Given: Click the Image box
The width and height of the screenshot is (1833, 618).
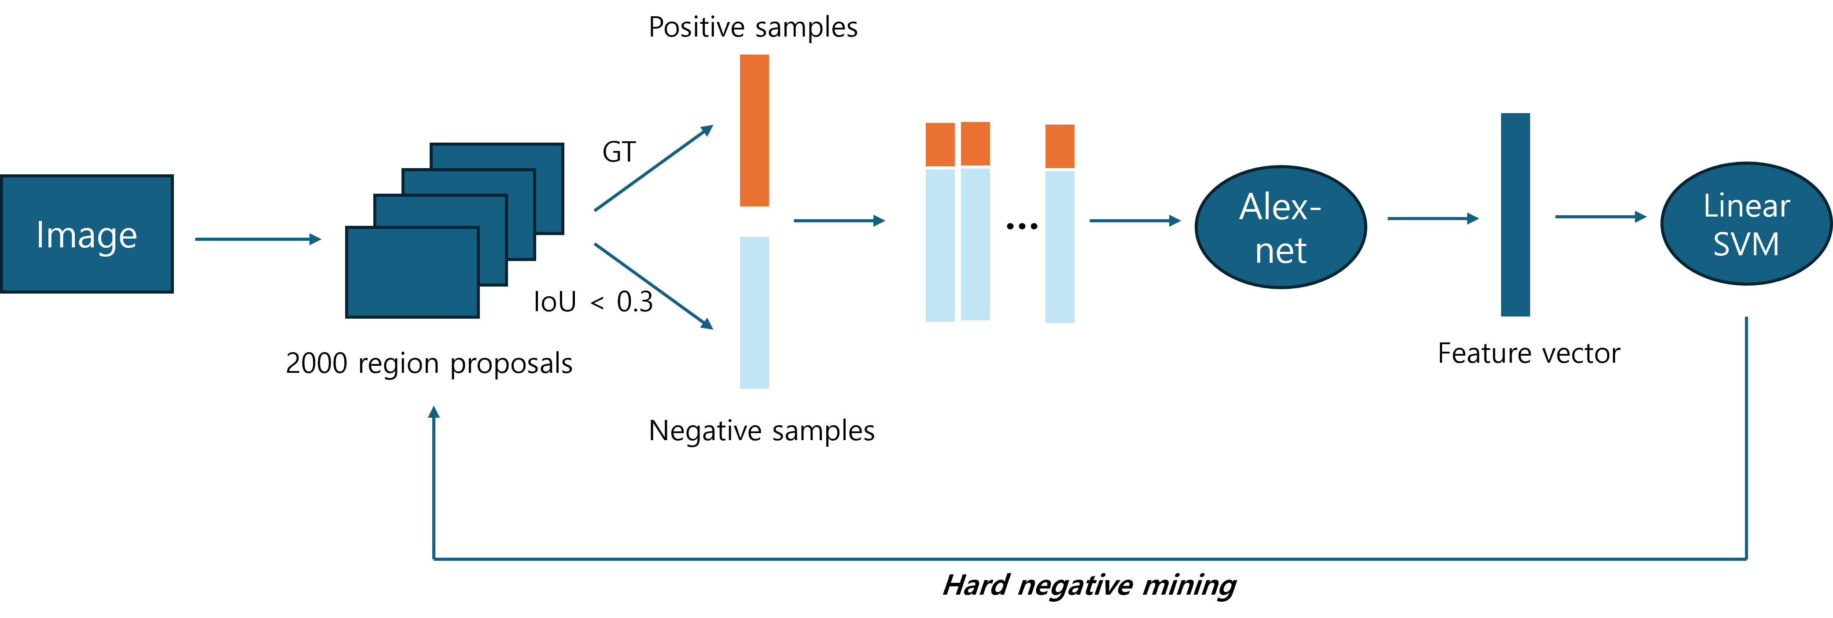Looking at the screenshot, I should [87, 234].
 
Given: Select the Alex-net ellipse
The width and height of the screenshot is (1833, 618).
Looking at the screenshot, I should [1280, 228].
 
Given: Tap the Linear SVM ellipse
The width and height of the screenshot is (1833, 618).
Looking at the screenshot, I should [1746, 224].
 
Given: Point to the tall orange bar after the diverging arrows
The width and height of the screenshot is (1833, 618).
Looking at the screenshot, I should [754, 130].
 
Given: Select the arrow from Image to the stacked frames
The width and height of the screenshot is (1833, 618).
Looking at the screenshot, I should [258, 239].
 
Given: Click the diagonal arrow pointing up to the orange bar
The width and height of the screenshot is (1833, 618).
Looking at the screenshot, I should [653, 169].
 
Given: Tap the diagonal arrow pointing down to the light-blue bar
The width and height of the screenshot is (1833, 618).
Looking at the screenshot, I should [653, 286].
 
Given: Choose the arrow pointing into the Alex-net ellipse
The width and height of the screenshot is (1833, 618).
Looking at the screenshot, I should [1134, 221].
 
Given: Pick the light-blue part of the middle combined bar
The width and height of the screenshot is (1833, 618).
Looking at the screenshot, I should [975, 244].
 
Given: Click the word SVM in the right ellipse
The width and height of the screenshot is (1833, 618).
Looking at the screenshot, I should [1746, 245].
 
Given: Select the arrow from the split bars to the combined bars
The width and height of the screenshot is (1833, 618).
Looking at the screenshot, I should [839, 221].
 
